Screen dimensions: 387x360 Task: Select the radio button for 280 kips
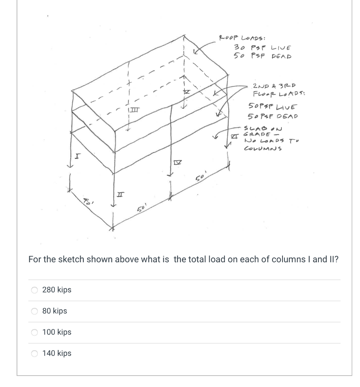[x=35, y=290]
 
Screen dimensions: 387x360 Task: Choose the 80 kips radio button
[x=35, y=311]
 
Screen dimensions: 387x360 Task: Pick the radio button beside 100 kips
[x=35, y=333]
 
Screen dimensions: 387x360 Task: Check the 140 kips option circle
[x=35, y=354]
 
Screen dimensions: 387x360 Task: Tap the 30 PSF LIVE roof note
[x=263, y=48]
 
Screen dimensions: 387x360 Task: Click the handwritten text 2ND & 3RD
[x=275, y=85]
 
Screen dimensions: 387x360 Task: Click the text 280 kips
[x=57, y=290]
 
